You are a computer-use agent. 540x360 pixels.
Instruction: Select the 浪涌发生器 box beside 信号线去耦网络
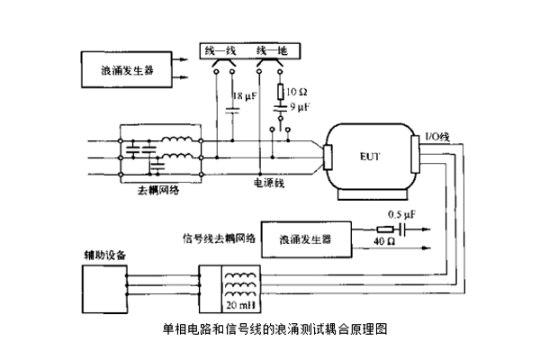click(305, 239)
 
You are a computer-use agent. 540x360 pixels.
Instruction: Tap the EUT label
click(369, 157)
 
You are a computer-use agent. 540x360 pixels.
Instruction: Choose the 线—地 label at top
click(272, 49)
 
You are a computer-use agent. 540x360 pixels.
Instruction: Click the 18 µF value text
click(246, 95)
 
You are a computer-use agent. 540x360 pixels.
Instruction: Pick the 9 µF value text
click(300, 107)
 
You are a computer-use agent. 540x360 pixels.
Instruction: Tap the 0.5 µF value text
click(400, 216)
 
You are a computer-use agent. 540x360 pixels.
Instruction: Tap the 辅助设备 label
click(99, 256)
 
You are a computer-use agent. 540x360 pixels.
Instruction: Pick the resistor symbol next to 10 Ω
click(281, 92)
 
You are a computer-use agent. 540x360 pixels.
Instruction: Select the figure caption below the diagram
click(274, 329)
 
